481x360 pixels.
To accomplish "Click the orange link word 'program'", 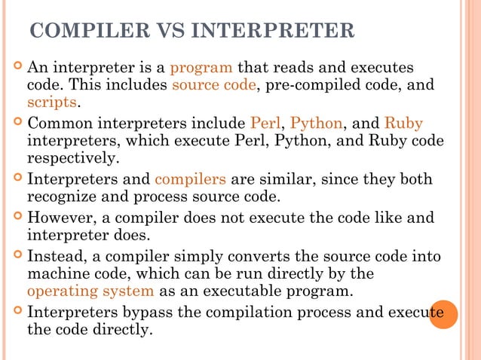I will [x=201, y=68].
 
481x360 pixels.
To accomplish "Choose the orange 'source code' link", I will [x=214, y=85].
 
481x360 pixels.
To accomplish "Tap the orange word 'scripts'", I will [x=52, y=102].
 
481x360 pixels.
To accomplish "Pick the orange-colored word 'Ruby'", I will [x=403, y=124].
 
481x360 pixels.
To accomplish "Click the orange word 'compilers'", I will [x=190, y=180].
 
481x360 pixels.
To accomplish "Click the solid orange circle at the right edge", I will [x=443, y=315].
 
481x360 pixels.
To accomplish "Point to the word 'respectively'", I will [x=72, y=159].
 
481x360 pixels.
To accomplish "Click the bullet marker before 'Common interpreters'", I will [x=17, y=122].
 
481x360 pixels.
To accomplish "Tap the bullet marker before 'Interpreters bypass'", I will [x=17, y=311].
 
